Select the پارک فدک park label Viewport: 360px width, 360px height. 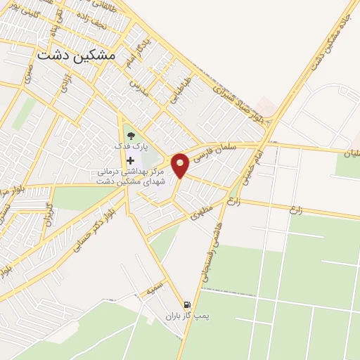pyautogui.click(x=131, y=148)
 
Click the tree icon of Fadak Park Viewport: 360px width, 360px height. pyautogui.click(x=130, y=135)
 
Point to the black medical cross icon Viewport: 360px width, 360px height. pyautogui.click(x=130, y=161)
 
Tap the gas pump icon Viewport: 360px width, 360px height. pyautogui.click(x=186, y=304)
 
